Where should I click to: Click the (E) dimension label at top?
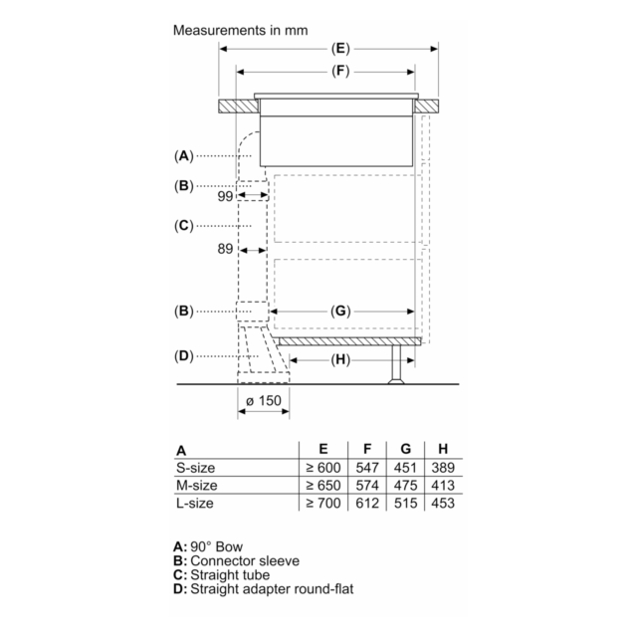click(340, 49)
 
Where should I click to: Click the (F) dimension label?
click(340, 72)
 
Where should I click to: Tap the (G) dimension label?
click(340, 312)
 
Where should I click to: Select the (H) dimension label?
click(340, 360)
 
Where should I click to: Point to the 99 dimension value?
click(225, 197)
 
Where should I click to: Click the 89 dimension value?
click(225, 249)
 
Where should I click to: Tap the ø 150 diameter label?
click(263, 401)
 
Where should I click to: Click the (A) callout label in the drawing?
click(183, 156)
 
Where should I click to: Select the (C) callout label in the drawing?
click(183, 226)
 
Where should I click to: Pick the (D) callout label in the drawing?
click(183, 356)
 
